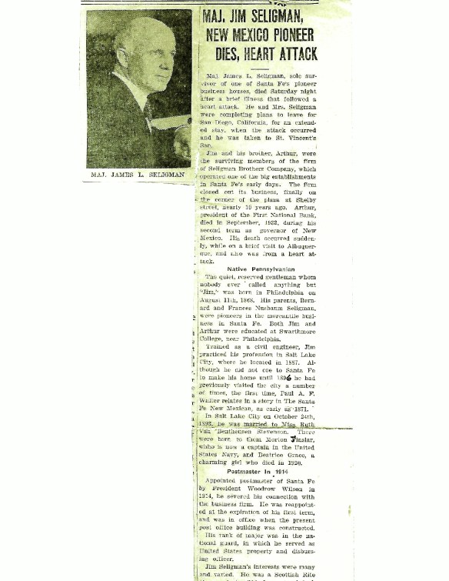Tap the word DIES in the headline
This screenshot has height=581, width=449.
tap(223, 53)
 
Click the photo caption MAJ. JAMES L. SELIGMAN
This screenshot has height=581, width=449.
tap(138, 175)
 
